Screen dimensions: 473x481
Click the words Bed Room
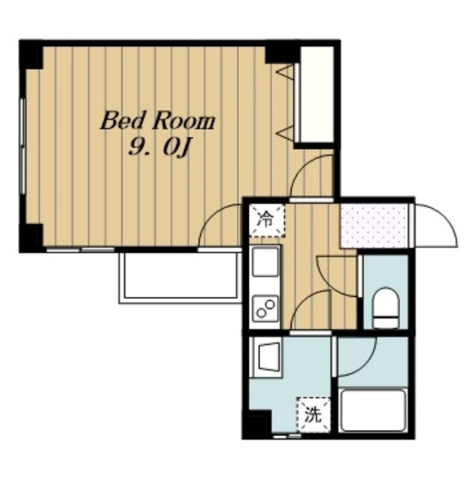(157, 121)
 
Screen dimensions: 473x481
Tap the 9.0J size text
(158, 149)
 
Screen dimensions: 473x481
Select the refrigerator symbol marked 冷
(266, 220)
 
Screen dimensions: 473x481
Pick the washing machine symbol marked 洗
(313, 415)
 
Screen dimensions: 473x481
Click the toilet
(386, 307)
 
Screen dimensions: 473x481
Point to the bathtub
(373, 410)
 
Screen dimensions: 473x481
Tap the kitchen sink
(265, 262)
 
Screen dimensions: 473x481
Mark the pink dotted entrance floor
(374, 225)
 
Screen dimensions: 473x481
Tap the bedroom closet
(316, 95)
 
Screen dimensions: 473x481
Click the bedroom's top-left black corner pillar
(31, 55)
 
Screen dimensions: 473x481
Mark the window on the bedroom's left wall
(22, 147)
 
